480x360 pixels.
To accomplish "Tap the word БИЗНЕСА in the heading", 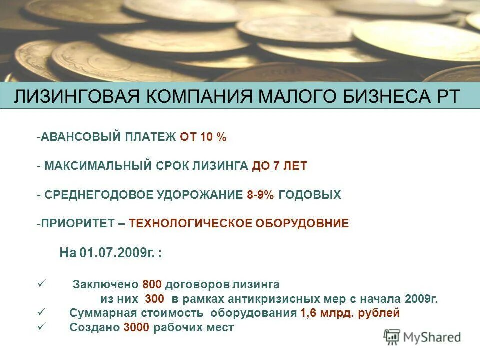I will [x=382, y=96].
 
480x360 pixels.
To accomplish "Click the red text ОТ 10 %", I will [x=203, y=138].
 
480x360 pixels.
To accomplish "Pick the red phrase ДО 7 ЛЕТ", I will [x=279, y=166].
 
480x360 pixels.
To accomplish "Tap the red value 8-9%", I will [x=260, y=195].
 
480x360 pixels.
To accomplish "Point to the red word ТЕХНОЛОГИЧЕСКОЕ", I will [x=191, y=224].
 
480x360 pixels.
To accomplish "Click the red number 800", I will [x=152, y=285].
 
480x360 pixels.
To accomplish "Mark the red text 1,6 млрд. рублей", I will [x=350, y=314].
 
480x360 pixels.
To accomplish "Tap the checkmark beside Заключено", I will [x=41, y=284].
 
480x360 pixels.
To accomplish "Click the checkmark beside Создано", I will [x=41, y=327].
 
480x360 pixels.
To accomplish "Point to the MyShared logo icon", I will [x=392, y=337].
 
